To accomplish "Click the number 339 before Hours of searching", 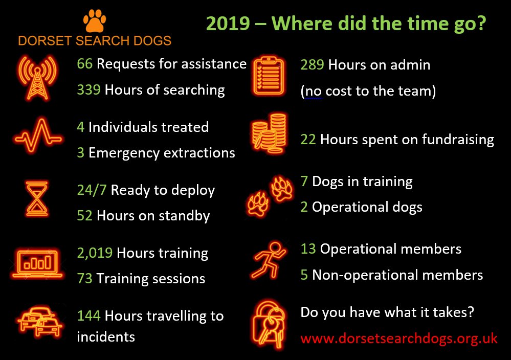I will [x=89, y=90].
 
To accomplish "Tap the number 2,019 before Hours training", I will [x=95, y=253].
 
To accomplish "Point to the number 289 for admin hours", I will [x=313, y=65].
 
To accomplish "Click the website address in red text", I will [x=399, y=339].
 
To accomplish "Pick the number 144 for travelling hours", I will [x=89, y=316].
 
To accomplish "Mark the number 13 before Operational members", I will [x=308, y=249].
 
